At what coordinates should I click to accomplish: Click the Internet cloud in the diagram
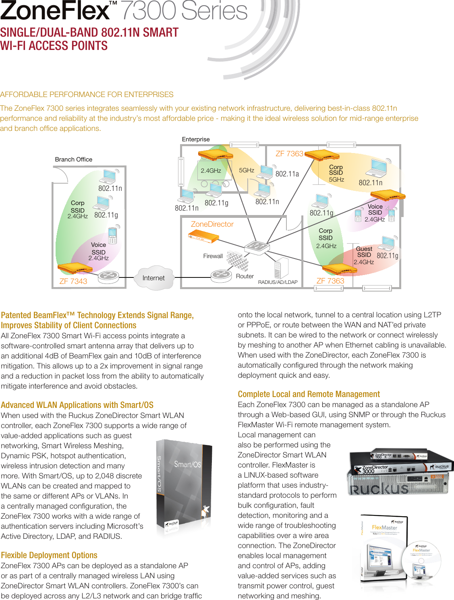click(153, 278)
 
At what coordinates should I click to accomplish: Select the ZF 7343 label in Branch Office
click(73, 281)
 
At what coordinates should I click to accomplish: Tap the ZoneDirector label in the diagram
click(212, 224)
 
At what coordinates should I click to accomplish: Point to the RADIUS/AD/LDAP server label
click(278, 282)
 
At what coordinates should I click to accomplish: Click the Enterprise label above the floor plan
click(196, 139)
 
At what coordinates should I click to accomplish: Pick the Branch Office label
click(74, 159)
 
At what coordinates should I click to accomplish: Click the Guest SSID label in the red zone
click(364, 252)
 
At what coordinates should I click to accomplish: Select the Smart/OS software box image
click(184, 487)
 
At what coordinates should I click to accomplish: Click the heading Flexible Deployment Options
click(49, 555)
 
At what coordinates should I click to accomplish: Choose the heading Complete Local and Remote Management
click(309, 394)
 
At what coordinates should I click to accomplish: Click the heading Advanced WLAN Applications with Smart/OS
click(77, 405)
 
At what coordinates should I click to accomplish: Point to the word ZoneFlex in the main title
click(55, 11)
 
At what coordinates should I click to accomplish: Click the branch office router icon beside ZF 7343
click(108, 277)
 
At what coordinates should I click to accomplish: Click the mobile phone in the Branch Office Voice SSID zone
click(112, 236)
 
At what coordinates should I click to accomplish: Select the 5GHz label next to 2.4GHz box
click(247, 170)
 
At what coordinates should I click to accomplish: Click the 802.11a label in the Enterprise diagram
click(287, 174)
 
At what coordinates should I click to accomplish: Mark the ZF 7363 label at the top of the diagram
click(289, 154)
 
